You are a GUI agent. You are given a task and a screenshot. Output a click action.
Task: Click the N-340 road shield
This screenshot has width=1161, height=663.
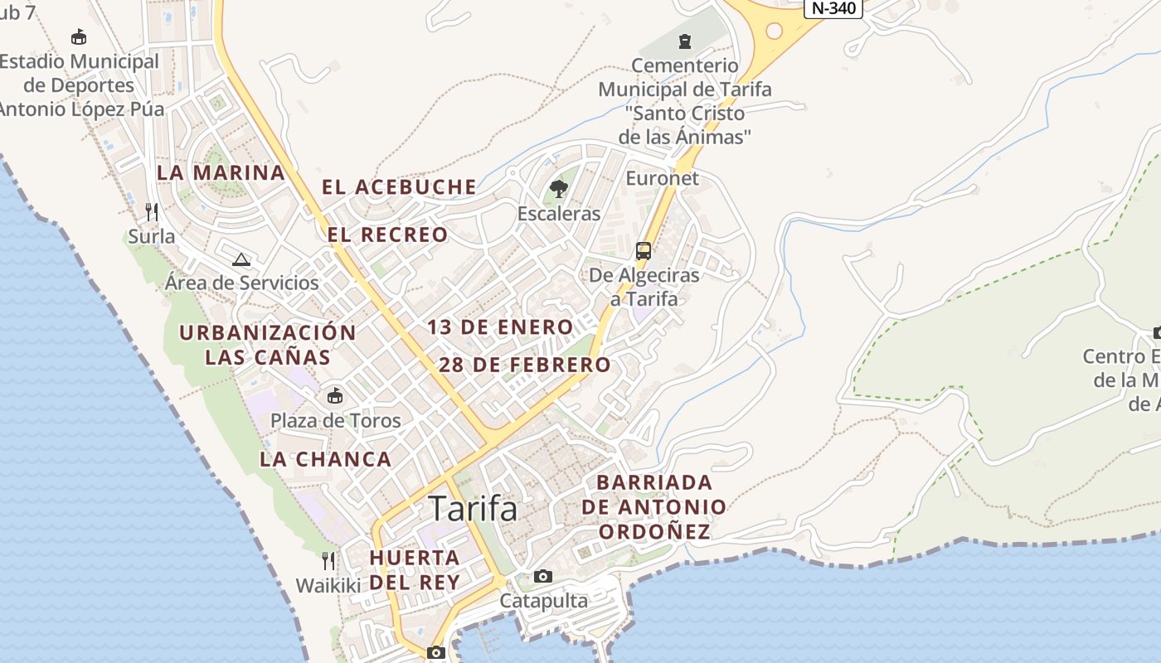pos(833,8)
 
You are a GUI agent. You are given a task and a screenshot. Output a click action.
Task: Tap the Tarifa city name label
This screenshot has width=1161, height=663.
pos(474,508)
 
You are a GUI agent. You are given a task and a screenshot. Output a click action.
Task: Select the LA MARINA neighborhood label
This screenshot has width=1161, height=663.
pos(221,173)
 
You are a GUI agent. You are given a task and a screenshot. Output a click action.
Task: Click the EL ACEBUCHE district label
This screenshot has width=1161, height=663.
pos(399,187)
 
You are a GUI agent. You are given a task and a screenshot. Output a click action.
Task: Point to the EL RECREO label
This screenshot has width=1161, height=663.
pos(387,235)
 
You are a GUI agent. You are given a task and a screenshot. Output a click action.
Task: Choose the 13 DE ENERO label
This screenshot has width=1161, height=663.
pos(500,327)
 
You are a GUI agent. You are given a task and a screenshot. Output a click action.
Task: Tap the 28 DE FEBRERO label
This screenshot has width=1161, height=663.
pos(525,365)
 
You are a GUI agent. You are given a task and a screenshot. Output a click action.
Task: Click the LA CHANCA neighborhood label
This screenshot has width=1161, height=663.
pos(325,459)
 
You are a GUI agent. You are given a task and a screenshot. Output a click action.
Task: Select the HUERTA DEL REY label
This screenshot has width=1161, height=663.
pos(415,569)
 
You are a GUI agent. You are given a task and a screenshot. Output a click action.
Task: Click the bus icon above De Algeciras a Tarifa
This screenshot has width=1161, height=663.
pos(643,250)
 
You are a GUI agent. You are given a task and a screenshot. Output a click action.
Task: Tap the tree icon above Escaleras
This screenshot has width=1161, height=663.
pos(559,189)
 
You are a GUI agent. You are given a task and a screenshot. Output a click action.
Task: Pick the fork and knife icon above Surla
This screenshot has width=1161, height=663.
pos(152,212)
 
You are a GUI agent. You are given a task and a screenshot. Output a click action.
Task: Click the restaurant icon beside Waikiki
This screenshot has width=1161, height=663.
pos(328,561)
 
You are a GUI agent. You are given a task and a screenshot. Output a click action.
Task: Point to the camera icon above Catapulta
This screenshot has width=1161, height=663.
pos(543,576)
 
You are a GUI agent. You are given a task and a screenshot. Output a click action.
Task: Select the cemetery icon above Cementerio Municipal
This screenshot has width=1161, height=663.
pos(685,41)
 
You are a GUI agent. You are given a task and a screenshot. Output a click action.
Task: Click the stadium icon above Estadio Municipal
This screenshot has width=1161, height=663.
pos(79,37)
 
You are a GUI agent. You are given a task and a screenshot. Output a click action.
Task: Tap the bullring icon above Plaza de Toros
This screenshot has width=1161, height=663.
pos(335,396)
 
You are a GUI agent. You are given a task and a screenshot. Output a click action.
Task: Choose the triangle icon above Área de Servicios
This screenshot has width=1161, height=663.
pos(241,259)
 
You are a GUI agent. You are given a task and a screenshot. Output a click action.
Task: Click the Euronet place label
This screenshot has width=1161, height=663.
pos(662,178)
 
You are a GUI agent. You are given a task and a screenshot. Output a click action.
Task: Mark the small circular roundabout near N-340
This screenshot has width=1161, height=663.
pos(774,31)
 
